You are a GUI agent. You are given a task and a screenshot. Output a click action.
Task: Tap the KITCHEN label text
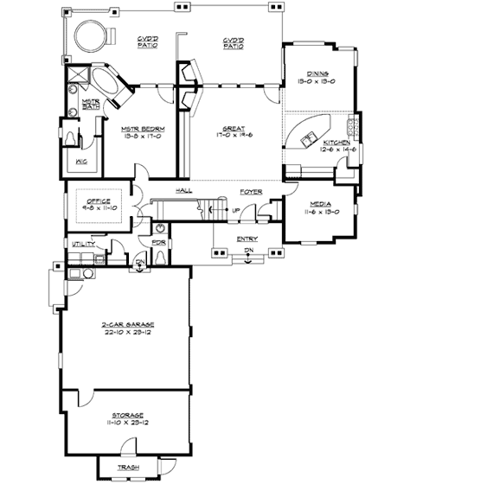point(337,142)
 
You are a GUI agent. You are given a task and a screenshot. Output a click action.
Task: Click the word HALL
point(183,190)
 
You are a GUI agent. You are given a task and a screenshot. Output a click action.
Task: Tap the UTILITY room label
point(84,245)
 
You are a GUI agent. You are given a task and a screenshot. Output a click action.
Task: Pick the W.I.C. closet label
point(80,162)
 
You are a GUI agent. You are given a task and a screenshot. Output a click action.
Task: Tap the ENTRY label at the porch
point(247,239)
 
